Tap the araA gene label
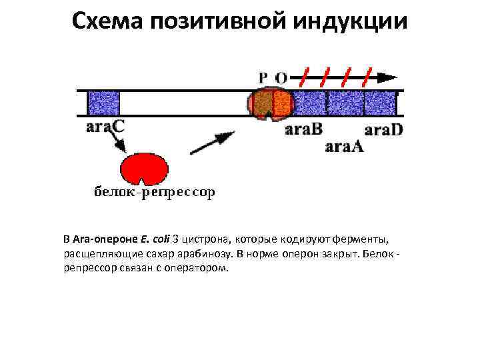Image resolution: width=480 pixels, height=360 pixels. pyautogui.click(x=344, y=147)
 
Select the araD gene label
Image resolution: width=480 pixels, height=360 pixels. pyautogui.click(x=384, y=129)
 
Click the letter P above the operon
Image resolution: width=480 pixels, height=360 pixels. pyautogui.click(x=263, y=77)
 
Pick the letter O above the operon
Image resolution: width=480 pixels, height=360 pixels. pyautogui.click(x=281, y=77)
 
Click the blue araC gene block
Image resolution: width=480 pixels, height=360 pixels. pyautogui.click(x=103, y=103)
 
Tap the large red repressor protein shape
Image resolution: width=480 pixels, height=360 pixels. pyautogui.click(x=144, y=167)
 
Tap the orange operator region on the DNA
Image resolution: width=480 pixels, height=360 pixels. pyautogui.click(x=283, y=103)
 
